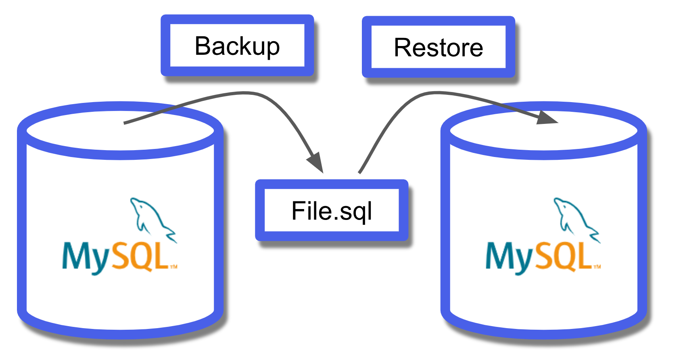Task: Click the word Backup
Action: click(x=237, y=46)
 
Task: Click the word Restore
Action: click(x=439, y=48)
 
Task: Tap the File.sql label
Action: click(x=332, y=211)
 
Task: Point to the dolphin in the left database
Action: click(x=151, y=218)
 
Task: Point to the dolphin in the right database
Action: click(x=575, y=218)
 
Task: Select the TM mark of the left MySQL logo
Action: click(x=173, y=267)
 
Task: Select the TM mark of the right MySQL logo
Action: click(x=597, y=267)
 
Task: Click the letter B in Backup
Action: click(x=204, y=46)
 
